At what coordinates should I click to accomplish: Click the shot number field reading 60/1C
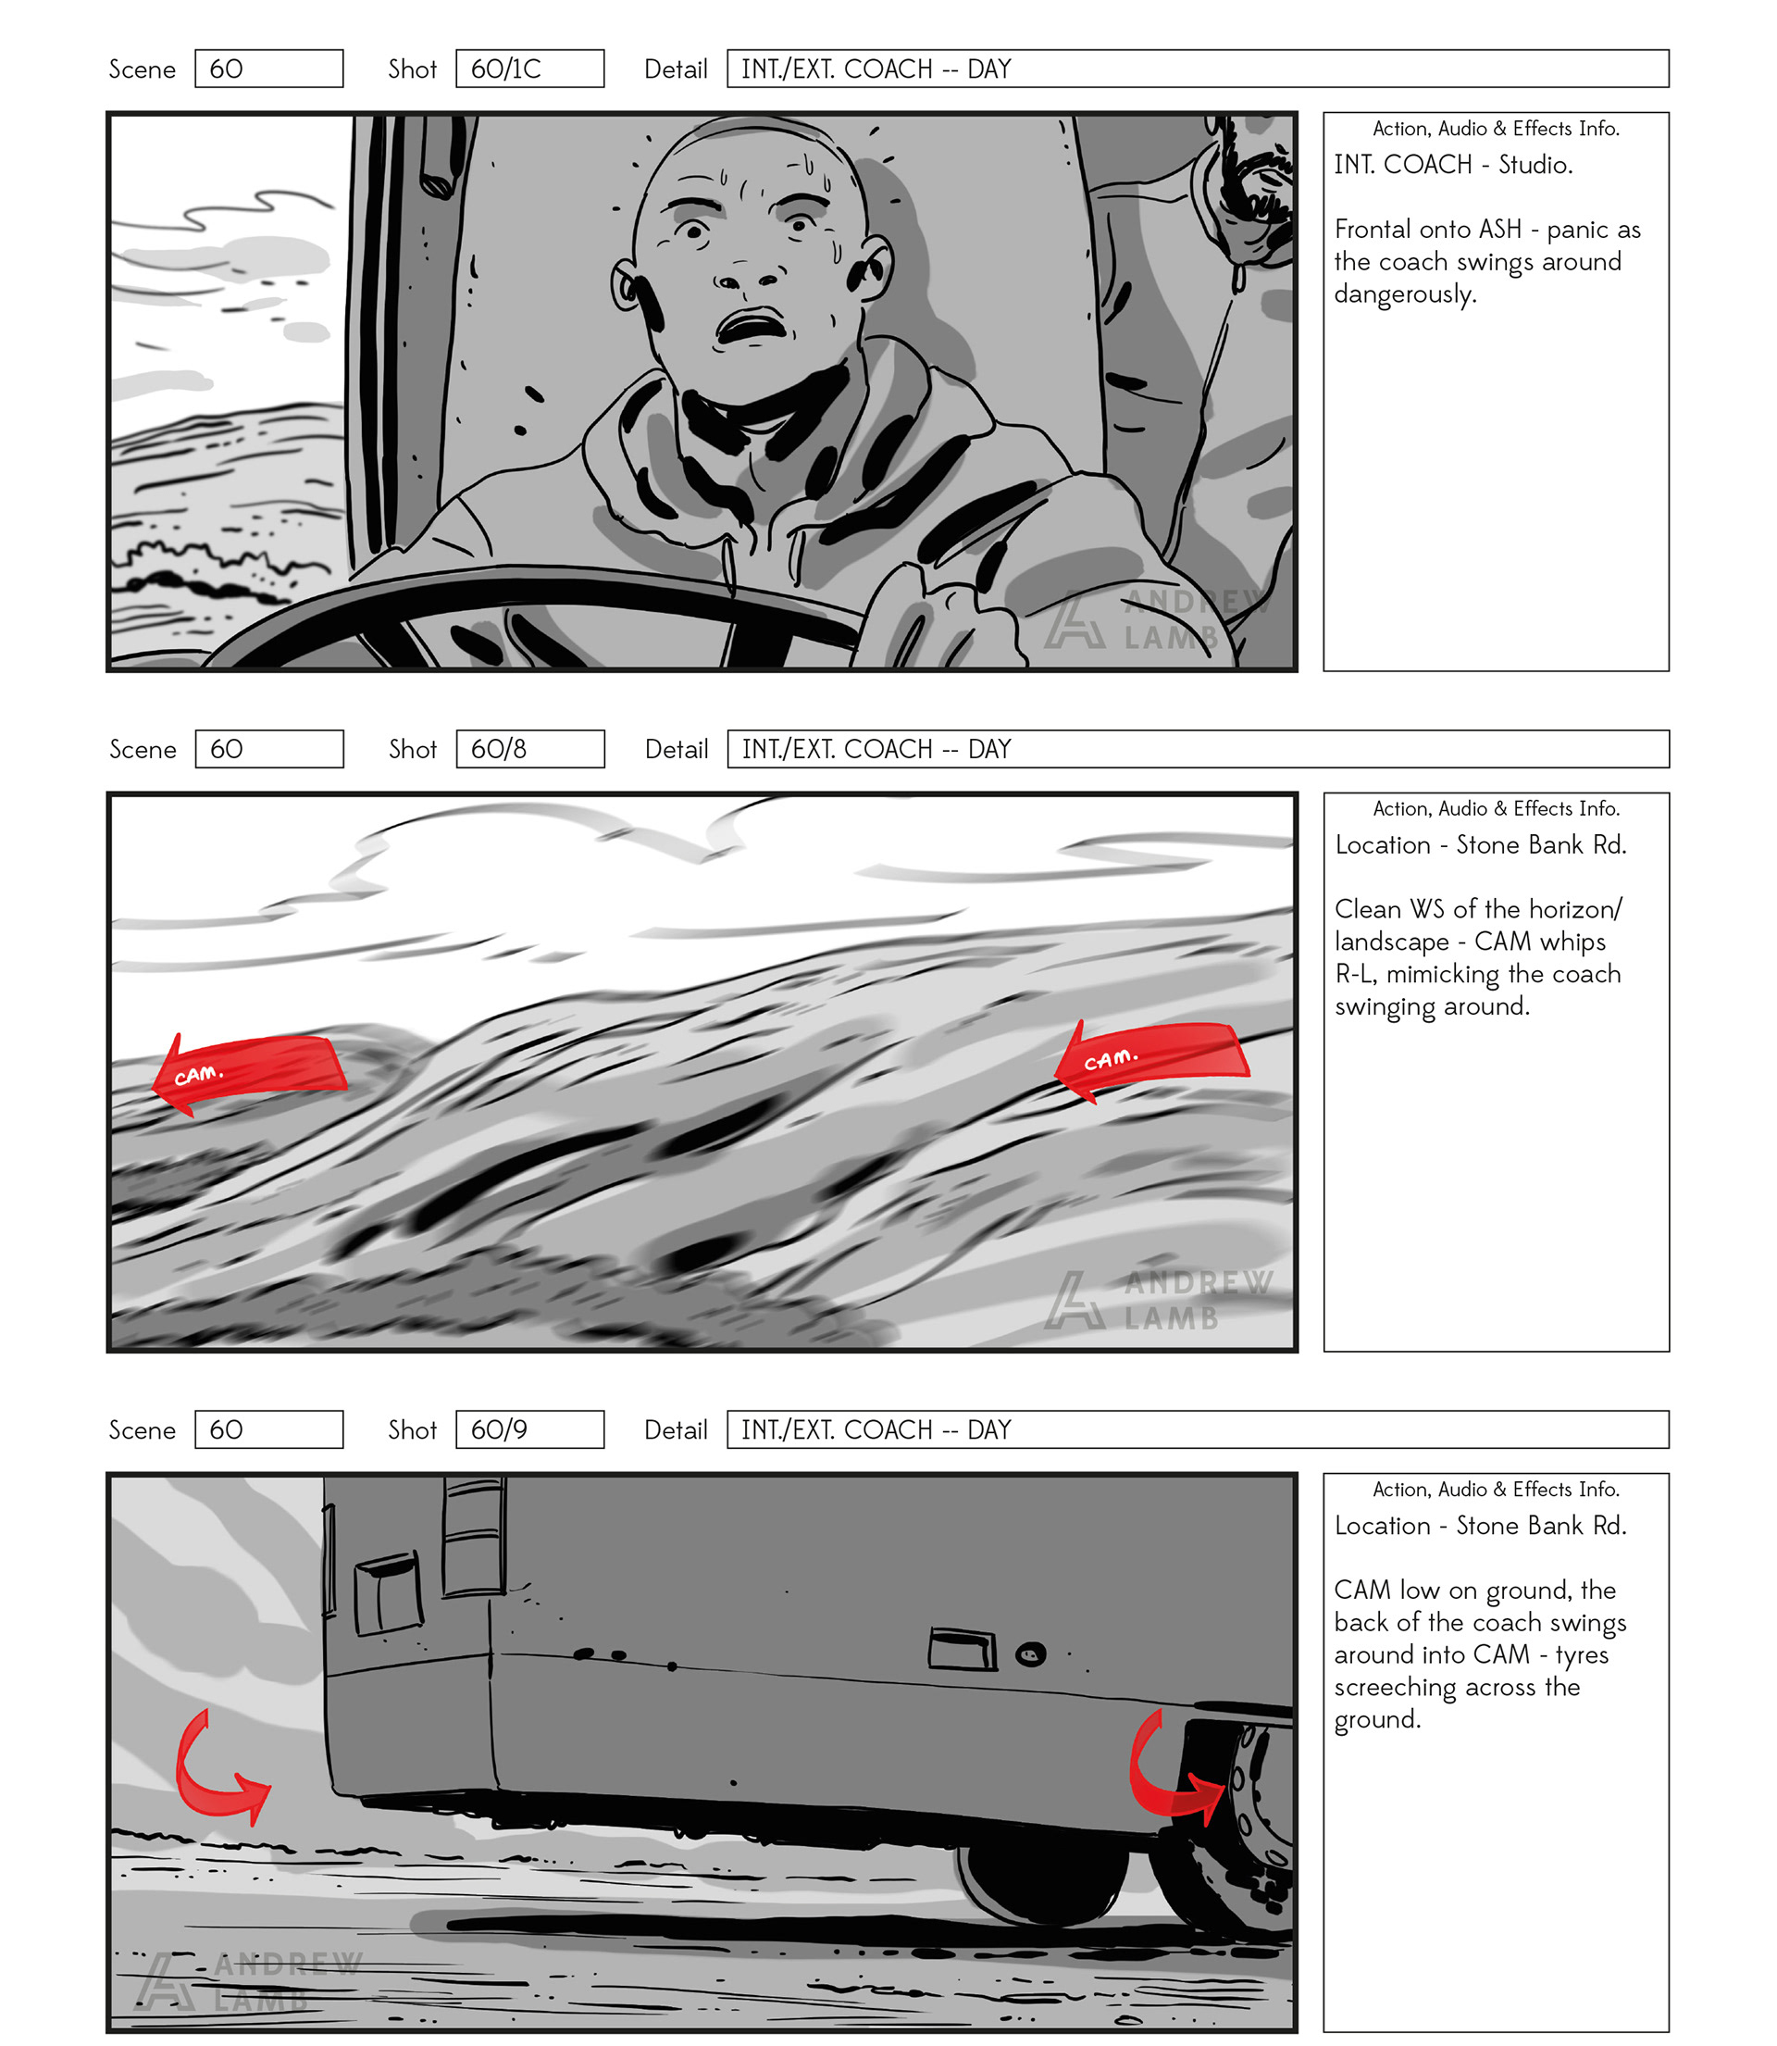(x=529, y=69)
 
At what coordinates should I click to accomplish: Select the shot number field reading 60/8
(x=529, y=749)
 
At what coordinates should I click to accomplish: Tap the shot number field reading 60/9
(x=529, y=1429)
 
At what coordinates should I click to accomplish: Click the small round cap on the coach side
(x=1030, y=1654)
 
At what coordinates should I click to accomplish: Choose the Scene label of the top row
(x=142, y=69)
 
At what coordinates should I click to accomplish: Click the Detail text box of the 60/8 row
(x=1198, y=749)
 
